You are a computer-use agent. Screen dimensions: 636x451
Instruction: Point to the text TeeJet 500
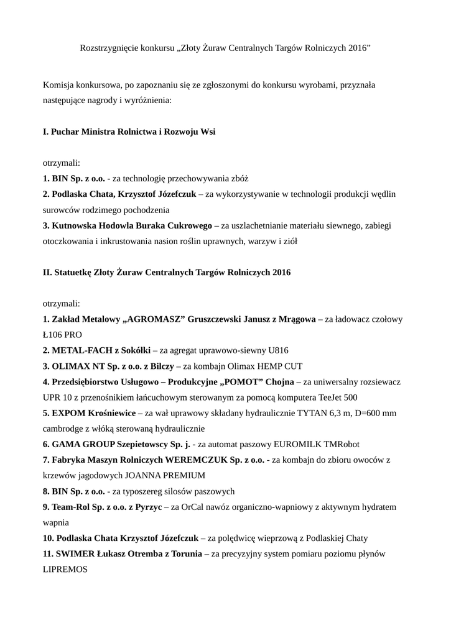pyautogui.click(x=337, y=397)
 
